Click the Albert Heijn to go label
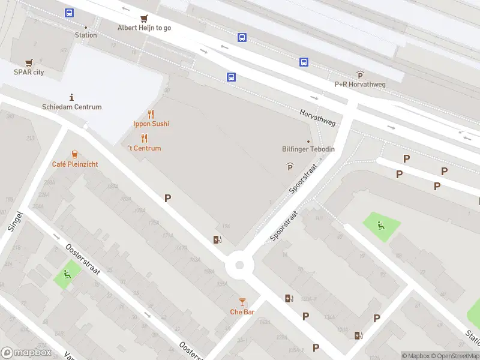tap(144, 28)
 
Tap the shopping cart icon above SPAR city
tap(29, 62)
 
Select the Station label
tap(85, 35)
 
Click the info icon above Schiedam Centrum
tap(72, 97)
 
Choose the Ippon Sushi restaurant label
tap(151, 124)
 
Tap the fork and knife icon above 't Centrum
tap(144, 139)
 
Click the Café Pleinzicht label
tap(75, 164)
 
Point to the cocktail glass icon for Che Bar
tap(242, 301)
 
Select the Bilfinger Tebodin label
tap(308, 149)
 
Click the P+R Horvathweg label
tap(360, 85)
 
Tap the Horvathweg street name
tap(317, 117)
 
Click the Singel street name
tap(16, 221)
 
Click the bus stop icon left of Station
tap(70, 13)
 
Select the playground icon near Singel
tap(67, 275)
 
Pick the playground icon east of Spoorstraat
tap(381, 226)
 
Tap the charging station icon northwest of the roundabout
tap(217, 240)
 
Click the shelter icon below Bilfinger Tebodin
tap(290, 166)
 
